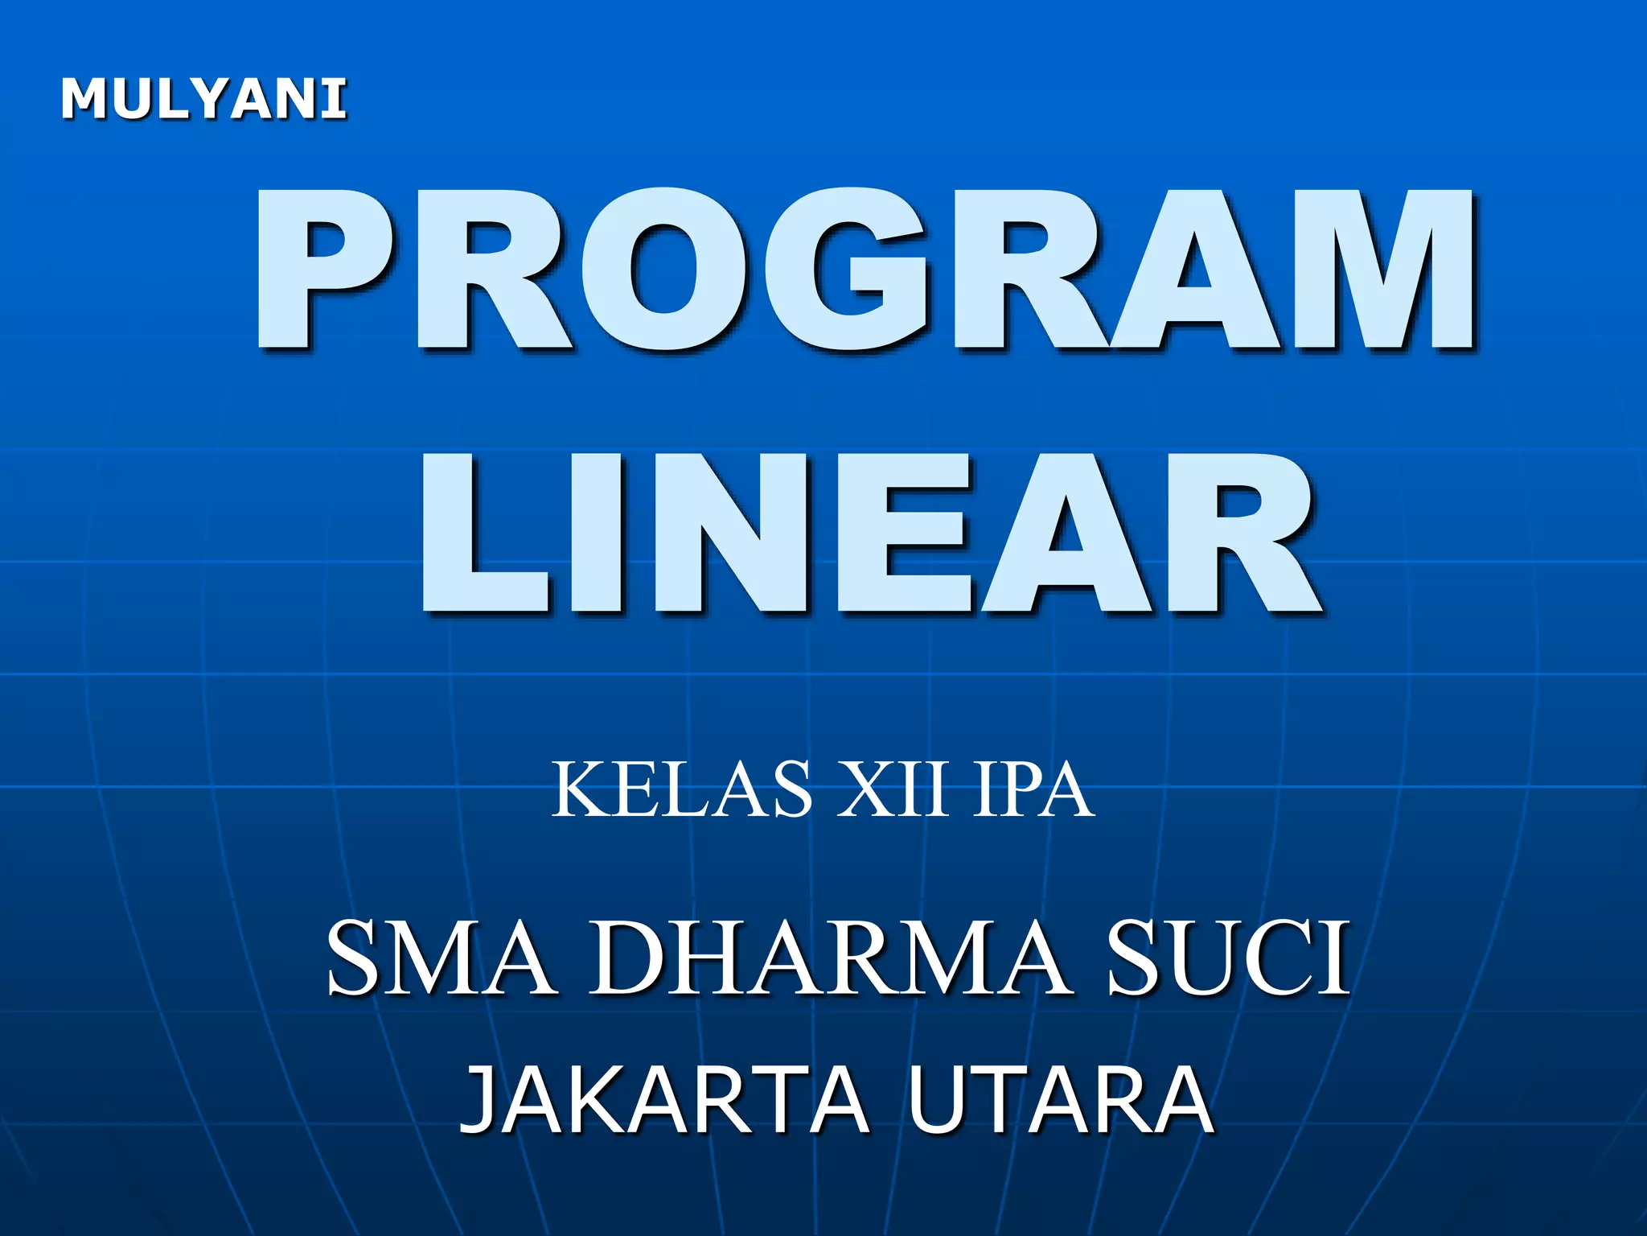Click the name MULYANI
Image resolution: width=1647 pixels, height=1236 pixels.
[x=203, y=100]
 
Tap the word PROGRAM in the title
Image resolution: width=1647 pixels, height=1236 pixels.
[x=865, y=270]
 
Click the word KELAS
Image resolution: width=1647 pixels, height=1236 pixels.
[x=682, y=790]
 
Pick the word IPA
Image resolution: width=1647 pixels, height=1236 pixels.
[x=1033, y=790]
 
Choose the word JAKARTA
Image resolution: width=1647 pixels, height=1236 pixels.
[x=664, y=1099]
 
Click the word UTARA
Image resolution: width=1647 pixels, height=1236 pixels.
[x=1061, y=1099]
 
